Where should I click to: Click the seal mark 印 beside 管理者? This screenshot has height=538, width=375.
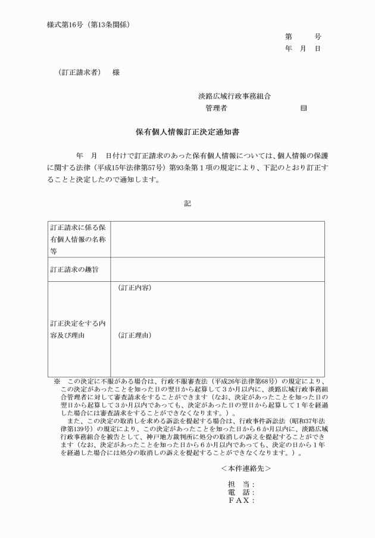[304, 108]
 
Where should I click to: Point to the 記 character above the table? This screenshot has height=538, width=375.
[187, 203]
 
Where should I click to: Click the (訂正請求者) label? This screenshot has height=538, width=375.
[80, 73]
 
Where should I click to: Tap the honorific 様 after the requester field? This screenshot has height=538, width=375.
[116, 73]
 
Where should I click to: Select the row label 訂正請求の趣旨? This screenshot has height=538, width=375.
[74, 269]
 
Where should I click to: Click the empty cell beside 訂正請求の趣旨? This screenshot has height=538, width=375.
[217, 269]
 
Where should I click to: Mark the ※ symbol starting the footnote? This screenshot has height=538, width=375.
[57, 381]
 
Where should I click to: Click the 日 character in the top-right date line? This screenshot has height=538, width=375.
[318, 48]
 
